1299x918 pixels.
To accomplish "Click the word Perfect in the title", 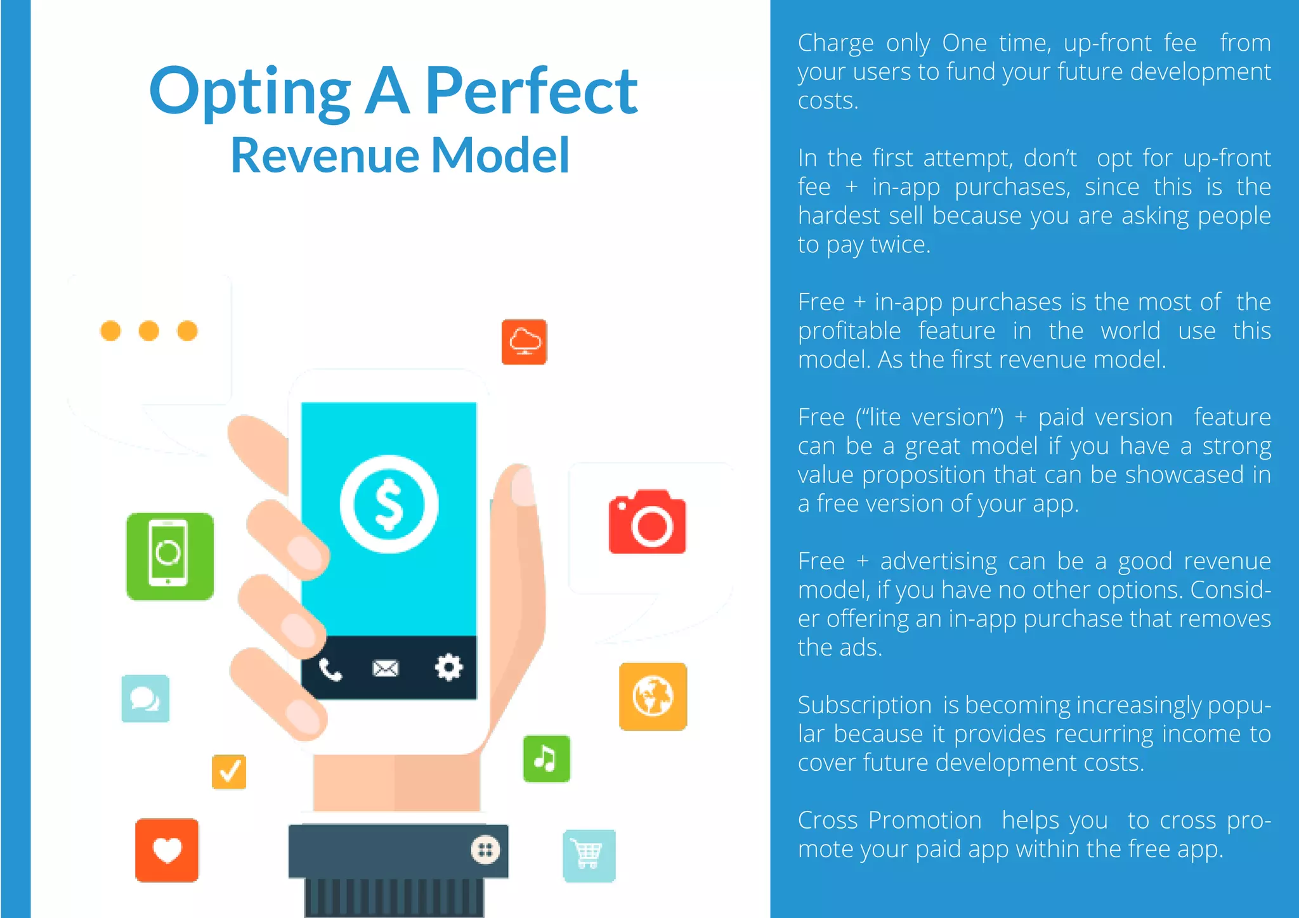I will click(531, 92).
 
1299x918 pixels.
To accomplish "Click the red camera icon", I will click(647, 522).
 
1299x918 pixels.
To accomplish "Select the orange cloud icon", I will click(524, 342).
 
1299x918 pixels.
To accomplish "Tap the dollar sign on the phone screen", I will click(389, 504).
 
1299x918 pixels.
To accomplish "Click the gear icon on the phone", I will click(448, 668).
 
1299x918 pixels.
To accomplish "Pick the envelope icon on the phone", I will click(385, 668).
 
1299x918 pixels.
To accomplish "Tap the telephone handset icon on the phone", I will click(330, 669).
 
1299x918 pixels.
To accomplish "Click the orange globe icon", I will click(653, 696).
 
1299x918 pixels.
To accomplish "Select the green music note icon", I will click(546, 758).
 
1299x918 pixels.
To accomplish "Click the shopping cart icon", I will click(589, 855).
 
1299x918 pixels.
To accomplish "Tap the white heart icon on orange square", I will click(167, 850).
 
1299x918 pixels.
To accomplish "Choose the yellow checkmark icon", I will click(229, 772).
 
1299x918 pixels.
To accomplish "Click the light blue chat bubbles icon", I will click(145, 699).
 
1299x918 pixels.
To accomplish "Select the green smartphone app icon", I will click(169, 556).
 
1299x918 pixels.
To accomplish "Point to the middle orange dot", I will click(149, 330).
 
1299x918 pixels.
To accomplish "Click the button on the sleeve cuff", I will click(485, 850).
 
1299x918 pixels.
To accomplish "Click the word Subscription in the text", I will click(865, 705).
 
